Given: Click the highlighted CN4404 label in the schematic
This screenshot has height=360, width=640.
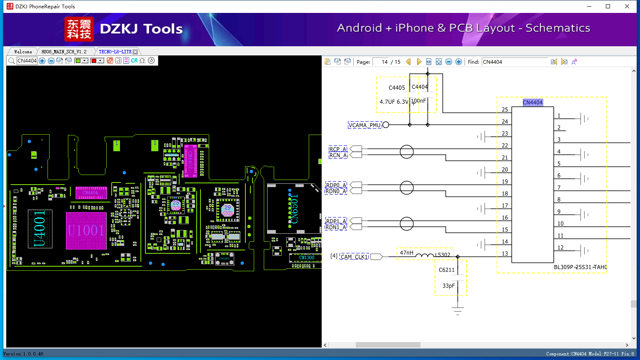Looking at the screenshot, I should [532, 102].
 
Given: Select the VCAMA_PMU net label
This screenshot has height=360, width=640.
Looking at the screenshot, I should [365, 125].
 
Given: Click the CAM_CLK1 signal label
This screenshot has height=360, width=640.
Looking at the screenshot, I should [355, 257].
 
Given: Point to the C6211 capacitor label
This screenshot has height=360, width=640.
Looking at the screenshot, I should [446, 270].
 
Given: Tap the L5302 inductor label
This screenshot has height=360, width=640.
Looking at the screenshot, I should [442, 255].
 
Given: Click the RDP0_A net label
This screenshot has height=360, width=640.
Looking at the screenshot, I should [336, 185].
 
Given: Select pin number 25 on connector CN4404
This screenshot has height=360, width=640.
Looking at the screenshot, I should [505, 110].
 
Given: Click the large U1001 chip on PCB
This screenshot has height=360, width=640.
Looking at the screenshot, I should [86, 230].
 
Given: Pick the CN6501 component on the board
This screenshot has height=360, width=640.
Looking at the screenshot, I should [294, 208].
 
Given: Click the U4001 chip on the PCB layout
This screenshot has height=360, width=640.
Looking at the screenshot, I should [40, 229].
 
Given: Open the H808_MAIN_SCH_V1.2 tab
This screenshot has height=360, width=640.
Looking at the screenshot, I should [64, 52].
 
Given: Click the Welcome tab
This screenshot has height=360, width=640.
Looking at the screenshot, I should [23, 52].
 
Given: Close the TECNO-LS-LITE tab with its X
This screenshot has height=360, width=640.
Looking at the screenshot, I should [135, 52].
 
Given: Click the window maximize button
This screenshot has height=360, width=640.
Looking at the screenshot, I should [608, 6].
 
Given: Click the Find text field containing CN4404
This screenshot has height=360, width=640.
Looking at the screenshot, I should [515, 62].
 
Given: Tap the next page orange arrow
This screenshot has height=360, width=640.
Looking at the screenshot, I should [419, 62].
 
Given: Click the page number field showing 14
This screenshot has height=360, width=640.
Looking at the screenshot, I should [381, 62].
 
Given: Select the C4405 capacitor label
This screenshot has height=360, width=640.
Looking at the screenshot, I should [397, 88].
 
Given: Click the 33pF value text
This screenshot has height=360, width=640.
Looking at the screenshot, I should [449, 286].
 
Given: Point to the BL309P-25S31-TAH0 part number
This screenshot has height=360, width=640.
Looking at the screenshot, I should [580, 267].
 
